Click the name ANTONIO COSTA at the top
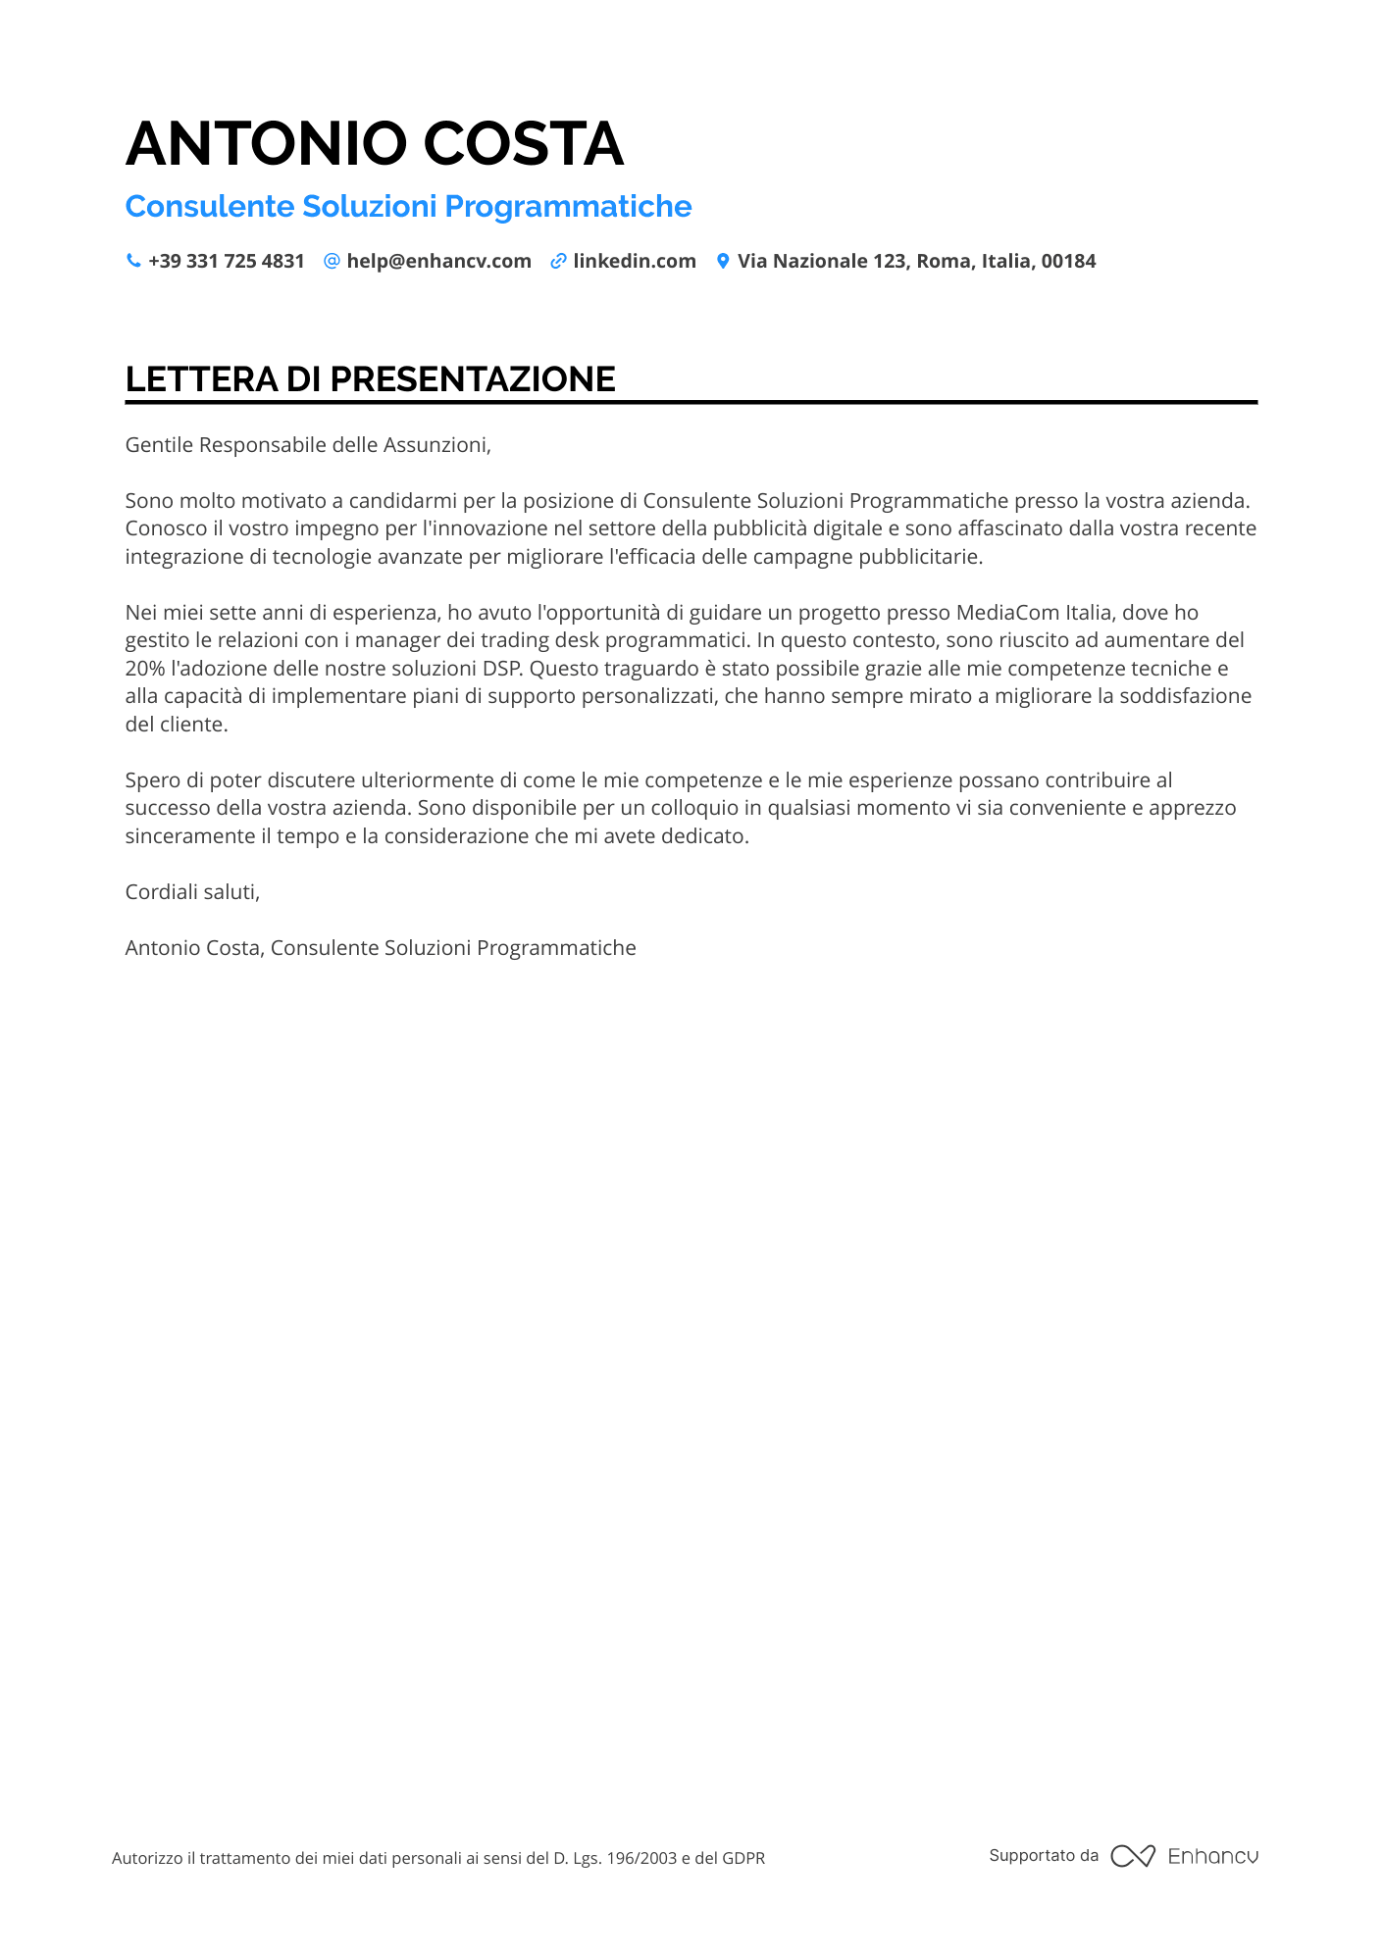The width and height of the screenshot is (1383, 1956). click(374, 144)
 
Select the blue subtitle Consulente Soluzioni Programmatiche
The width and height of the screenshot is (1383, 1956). click(408, 207)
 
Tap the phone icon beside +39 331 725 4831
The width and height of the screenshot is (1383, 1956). click(133, 261)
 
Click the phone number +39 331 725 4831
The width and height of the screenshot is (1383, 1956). click(227, 262)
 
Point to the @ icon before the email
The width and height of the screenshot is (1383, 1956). click(332, 261)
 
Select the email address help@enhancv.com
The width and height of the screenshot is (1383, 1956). click(438, 262)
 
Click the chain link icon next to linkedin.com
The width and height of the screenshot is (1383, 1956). click(558, 261)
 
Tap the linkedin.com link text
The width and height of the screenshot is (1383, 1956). click(634, 262)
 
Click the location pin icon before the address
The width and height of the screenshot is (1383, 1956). click(723, 261)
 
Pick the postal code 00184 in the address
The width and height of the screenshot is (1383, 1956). click(1068, 262)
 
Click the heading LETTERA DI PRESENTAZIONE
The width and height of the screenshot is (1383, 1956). click(370, 379)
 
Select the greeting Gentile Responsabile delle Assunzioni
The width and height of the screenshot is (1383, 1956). click(307, 445)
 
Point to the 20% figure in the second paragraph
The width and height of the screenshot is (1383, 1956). click(145, 669)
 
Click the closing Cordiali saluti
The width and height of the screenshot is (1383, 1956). click(192, 892)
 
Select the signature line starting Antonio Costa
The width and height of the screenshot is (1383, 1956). click(381, 948)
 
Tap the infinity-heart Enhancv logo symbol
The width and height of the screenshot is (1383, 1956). click(1132, 1856)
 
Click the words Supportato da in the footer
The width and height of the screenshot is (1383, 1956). click(1044, 1855)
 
